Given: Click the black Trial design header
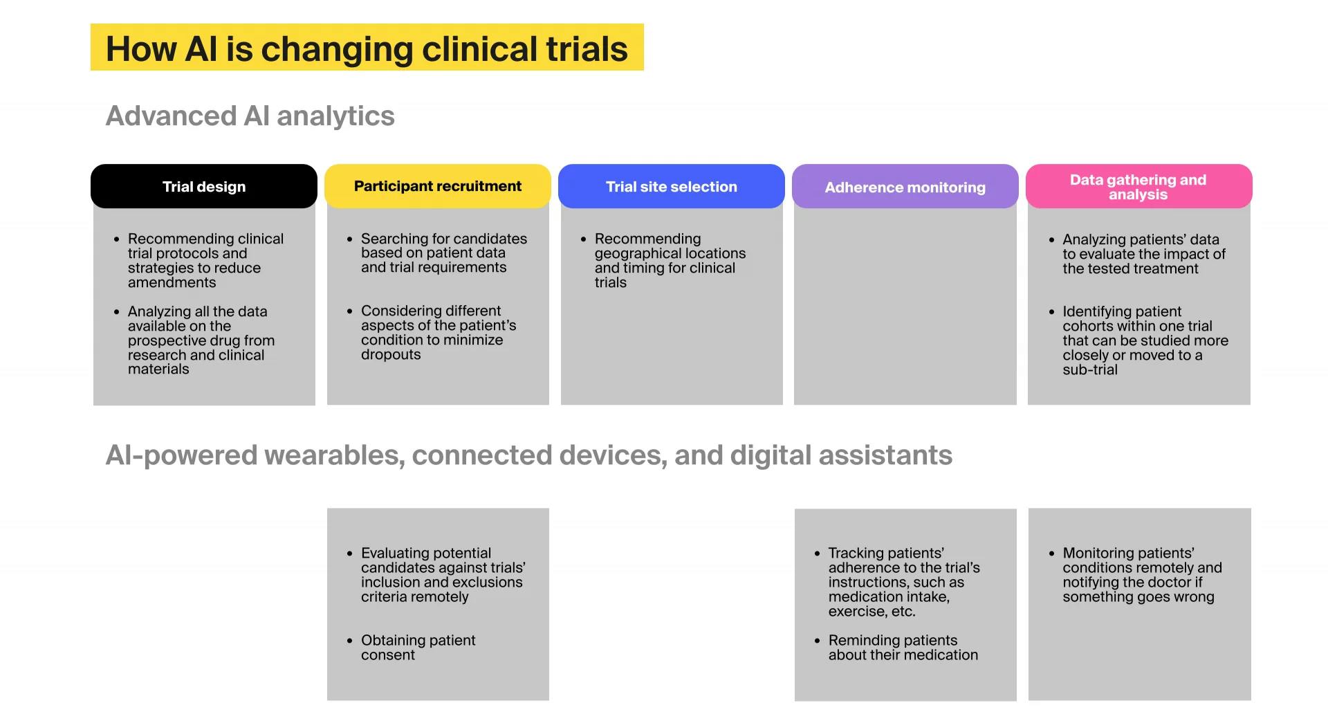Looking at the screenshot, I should [x=204, y=187].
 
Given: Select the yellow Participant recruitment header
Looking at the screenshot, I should [x=437, y=186].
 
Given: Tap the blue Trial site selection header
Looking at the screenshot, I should [x=671, y=187].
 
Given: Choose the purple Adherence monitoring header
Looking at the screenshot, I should [x=905, y=188].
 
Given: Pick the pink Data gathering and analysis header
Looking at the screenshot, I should [x=1138, y=187].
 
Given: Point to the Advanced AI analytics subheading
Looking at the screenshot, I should [x=250, y=116].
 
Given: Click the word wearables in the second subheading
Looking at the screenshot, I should [x=333, y=455].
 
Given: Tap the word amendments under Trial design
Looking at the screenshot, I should [x=172, y=282].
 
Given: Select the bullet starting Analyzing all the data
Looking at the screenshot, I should [x=197, y=340].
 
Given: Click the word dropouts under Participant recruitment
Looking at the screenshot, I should [x=391, y=354].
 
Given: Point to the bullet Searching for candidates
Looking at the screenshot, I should [x=443, y=253].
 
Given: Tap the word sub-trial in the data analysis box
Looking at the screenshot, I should [x=1089, y=369].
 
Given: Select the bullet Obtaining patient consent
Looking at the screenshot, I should [x=418, y=647].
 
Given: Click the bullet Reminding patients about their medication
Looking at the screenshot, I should [x=903, y=647].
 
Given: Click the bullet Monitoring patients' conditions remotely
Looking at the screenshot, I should [x=1141, y=574].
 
